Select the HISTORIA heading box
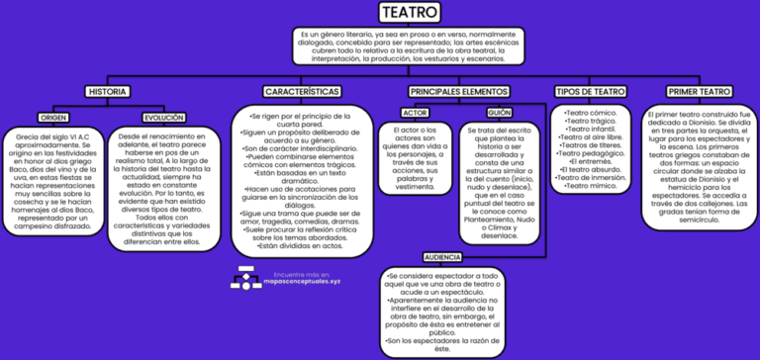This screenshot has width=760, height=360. tap(108, 91)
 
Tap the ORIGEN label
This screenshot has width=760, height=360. tap(54, 117)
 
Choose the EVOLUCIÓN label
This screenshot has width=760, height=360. tap(163, 117)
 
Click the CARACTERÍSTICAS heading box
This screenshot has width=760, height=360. tap(303, 91)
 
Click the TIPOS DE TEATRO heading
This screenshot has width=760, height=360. tap(590, 91)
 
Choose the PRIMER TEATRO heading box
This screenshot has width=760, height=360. tap(700, 91)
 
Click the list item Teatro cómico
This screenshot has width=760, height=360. tap(591, 113)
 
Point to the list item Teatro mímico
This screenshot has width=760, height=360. tap(591, 185)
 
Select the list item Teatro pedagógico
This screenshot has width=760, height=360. tap(591, 153)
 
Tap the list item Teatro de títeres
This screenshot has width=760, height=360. tap(591, 144)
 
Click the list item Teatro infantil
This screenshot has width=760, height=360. tap(591, 129)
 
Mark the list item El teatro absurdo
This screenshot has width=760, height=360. tap(591, 169)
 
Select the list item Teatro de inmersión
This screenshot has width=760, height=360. tap(591, 177)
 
